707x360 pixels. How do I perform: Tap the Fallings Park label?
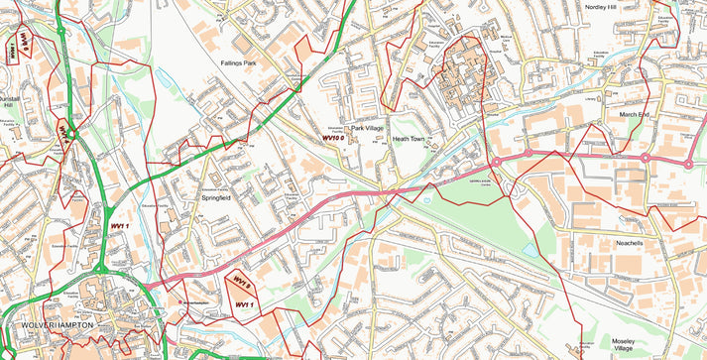pyautogui.click(x=238, y=63)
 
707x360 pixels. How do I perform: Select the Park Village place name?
pyautogui.click(x=367, y=128)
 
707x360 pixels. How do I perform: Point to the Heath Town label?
pyautogui.click(x=408, y=139)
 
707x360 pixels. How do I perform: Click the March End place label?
pyautogui.click(x=634, y=114)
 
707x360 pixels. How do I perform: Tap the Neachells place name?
pyautogui.click(x=631, y=243)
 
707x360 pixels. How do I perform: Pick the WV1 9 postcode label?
pyautogui.click(x=241, y=282)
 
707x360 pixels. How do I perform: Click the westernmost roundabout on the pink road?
pyautogui.click(x=495, y=162)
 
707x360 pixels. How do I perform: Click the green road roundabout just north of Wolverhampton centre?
pyautogui.click(x=100, y=268)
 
